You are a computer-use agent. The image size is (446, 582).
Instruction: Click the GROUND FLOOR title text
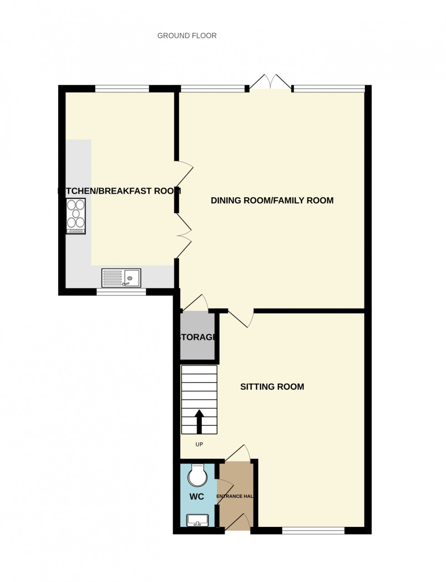coord(187,36)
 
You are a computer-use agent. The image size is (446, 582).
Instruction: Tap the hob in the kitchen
coord(76,216)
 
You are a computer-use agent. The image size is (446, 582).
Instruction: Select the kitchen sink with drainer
coord(122,278)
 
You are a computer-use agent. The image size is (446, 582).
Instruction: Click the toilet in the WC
coord(198,475)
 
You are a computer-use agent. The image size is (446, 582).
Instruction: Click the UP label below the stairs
coord(199,444)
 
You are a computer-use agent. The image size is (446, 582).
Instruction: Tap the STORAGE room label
coord(197,337)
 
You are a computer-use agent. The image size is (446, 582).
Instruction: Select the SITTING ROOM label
coord(272,387)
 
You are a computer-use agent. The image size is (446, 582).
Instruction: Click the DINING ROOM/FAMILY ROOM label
coord(272,201)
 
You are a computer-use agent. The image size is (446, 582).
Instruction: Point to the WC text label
coord(197,496)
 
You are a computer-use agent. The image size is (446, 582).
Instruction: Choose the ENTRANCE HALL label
coord(235,496)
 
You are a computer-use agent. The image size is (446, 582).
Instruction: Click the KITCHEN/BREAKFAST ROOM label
coord(120,191)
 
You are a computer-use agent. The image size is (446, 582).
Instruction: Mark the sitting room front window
coord(313,530)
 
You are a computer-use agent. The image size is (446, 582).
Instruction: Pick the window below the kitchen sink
coord(121,292)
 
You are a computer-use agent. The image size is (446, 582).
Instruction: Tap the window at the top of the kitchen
coord(122,88)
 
